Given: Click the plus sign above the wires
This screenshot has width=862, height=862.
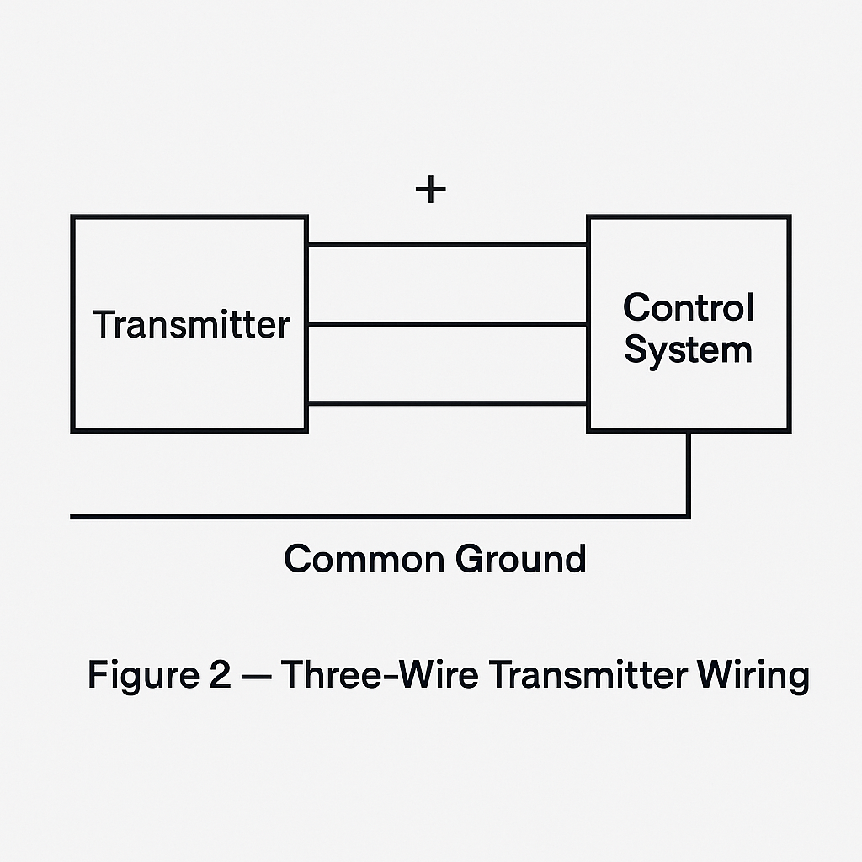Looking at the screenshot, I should (x=430, y=190).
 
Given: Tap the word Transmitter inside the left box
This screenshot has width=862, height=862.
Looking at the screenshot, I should (x=191, y=325).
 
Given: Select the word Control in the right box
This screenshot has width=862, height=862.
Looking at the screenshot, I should (x=688, y=308).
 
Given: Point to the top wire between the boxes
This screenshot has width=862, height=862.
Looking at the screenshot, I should (x=447, y=245).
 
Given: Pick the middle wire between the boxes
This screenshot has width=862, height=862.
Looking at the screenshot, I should (x=447, y=323).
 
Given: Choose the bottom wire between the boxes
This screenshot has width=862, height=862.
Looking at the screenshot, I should (x=447, y=404).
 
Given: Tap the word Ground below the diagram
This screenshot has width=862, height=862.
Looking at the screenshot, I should (x=521, y=559).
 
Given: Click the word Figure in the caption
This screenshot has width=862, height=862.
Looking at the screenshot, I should (x=136, y=676).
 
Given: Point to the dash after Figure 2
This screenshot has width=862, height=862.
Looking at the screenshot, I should (x=255, y=676).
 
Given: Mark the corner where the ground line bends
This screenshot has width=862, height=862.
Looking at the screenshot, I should (x=689, y=516).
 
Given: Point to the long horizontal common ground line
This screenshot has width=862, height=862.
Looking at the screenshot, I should (x=379, y=516).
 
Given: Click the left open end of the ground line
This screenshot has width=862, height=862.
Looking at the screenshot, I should (x=72, y=516).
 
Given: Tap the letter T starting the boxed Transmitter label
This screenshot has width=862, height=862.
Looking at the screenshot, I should (x=102, y=325).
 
